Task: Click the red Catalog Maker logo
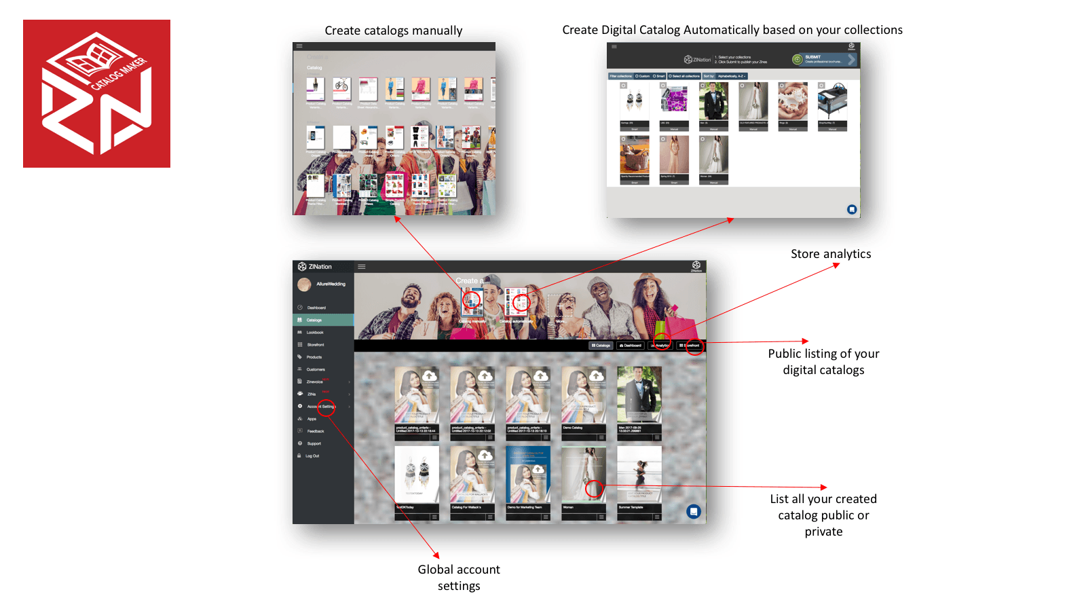[x=96, y=94]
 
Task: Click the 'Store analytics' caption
[x=830, y=254]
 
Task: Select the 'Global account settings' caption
[x=458, y=577]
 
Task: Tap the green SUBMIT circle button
[x=798, y=60]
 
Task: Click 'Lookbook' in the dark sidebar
[x=315, y=333]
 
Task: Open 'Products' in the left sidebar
[x=314, y=357]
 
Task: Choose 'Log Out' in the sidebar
[x=312, y=456]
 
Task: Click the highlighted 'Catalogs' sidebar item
[x=314, y=320]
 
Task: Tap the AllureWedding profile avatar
[x=304, y=284]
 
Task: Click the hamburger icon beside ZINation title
[x=362, y=267]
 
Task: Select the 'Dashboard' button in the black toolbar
[x=631, y=346]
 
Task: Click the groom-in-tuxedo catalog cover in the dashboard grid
[x=639, y=395]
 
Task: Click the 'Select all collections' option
[x=684, y=76]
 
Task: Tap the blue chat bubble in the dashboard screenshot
[x=693, y=511]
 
